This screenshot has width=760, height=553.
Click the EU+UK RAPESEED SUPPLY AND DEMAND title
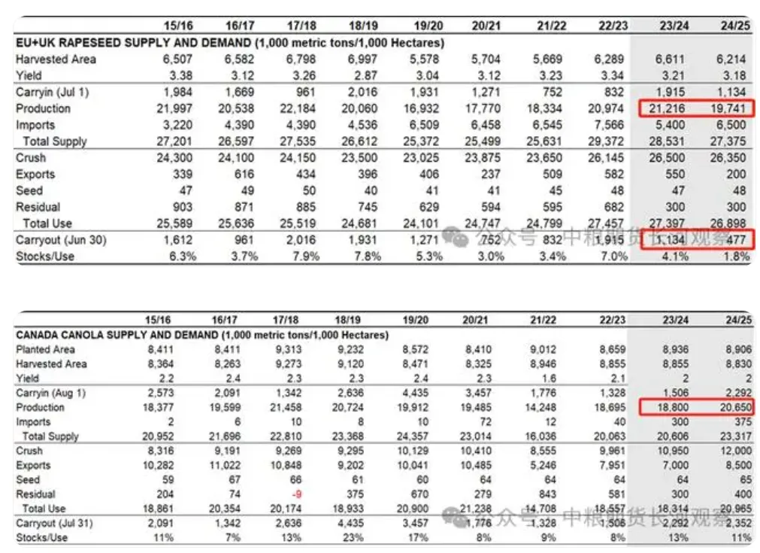tap(230, 43)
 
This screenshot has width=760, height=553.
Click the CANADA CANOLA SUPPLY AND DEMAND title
tap(202, 334)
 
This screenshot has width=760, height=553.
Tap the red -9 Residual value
tap(294, 494)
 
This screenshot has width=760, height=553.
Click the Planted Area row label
tap(46, 349)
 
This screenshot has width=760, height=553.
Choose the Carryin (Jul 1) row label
tap(53, 92)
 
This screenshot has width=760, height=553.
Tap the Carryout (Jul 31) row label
tap(55, 523)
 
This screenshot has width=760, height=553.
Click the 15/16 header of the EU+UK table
tap(178, 26)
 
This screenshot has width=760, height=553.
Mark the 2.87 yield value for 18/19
tap(362, 75)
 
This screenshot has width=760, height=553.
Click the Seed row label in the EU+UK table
tap(29, 190)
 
